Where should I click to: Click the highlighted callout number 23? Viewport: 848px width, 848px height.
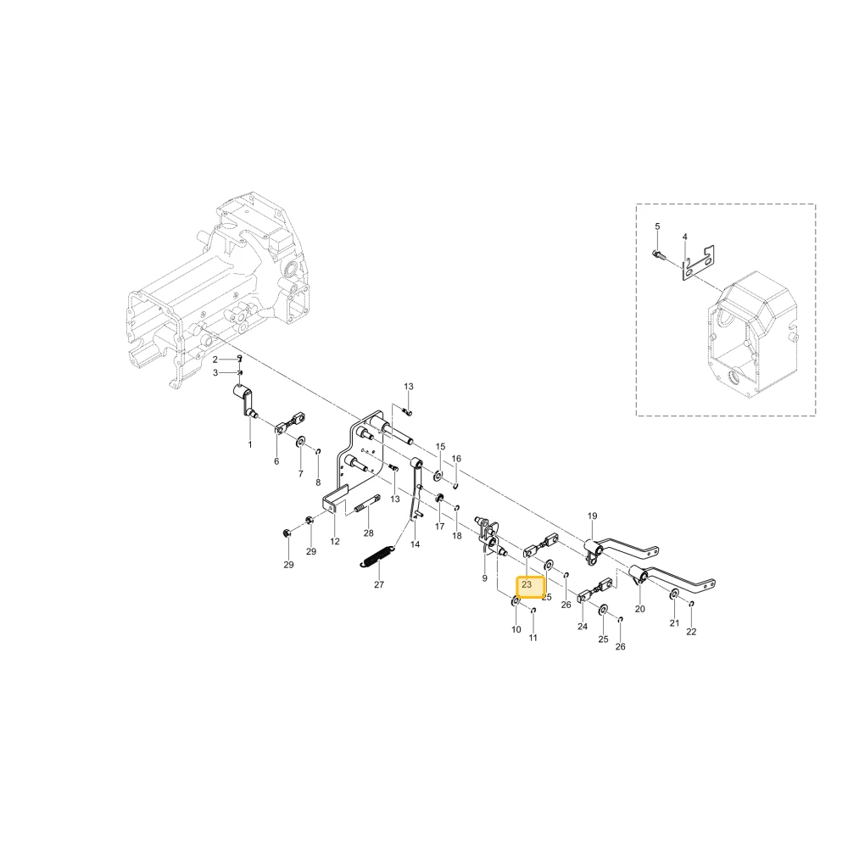[527, 584]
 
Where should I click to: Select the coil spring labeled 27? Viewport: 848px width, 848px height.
[377, 556]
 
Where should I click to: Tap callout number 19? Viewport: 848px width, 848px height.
[592, 516]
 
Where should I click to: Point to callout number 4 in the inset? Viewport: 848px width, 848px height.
[684, 237]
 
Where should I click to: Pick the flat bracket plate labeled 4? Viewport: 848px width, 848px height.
[698, 262]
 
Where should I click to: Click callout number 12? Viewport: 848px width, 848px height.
[335, 541]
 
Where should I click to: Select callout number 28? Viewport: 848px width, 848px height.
[368, 533]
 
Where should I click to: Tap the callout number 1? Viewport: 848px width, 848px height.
[250, 444]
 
